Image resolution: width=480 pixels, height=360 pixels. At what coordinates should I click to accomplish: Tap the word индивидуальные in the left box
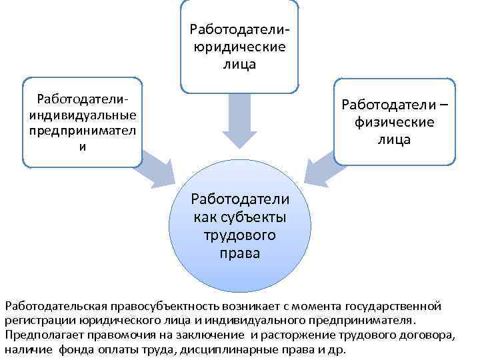click(82, 115)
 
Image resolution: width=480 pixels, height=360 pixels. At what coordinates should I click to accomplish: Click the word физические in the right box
click(395, 123)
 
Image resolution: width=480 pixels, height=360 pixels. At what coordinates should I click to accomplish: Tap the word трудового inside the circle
click(240, 236)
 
